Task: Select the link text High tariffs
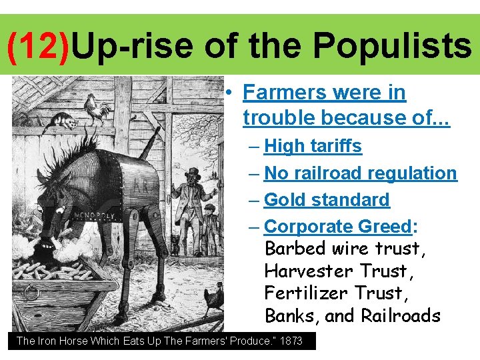pyautogui.click(x=313, y=146)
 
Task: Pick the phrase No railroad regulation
pyautogui.click(x=361, y=173)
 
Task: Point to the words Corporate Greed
pyautogui.click(x=338, y=227)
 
